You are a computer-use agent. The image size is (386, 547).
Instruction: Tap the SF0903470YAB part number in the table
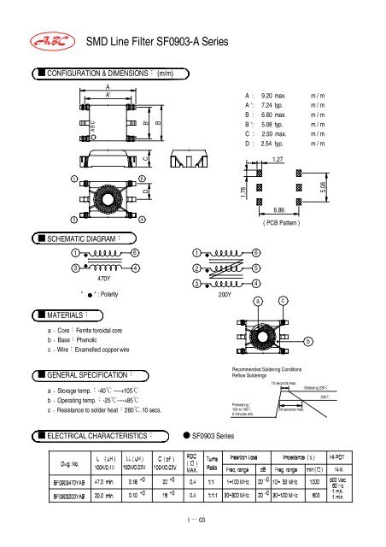pos(44,480)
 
